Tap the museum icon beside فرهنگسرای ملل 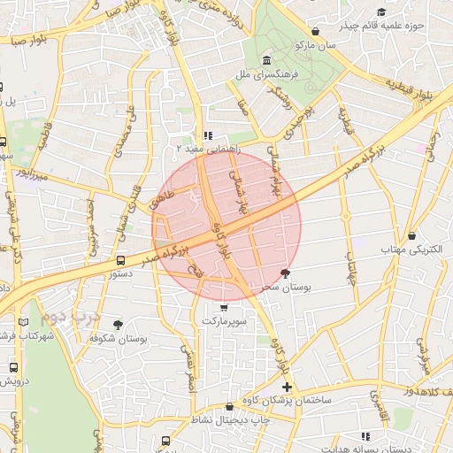(267, 60)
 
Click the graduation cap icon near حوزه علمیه (381, 12)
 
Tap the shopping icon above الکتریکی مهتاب (413, 235)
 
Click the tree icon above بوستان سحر (284, 273)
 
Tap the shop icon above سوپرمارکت (222, 308)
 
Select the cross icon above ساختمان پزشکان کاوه (287, 387)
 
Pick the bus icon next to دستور (120, 260)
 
